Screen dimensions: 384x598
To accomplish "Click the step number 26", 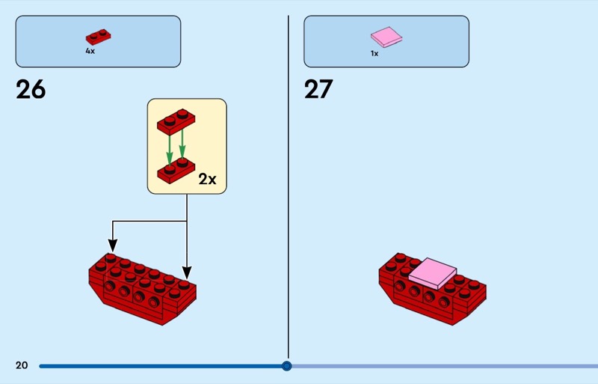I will click(31, 90).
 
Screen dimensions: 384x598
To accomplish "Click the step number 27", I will click(318, 90).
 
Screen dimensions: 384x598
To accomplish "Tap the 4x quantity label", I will click(90, 52).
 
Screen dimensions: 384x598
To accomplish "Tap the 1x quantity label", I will click(374, 54).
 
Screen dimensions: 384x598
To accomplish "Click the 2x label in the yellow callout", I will click(207, 180).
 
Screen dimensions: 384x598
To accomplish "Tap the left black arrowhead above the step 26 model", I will click(112, 245).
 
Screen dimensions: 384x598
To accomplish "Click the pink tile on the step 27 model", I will click(431, 272).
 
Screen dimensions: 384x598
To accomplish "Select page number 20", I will click(22, 365).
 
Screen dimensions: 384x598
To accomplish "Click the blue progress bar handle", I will click(286, 366).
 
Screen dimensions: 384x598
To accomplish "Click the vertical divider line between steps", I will click(289, 187).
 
